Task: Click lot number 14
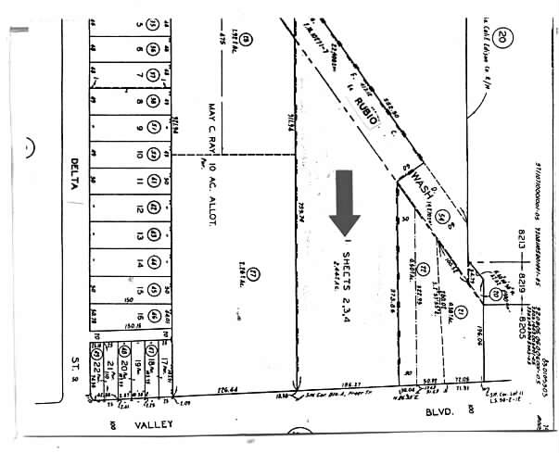[138, 263]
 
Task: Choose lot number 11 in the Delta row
[138, 180]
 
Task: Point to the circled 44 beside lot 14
[152, 263]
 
